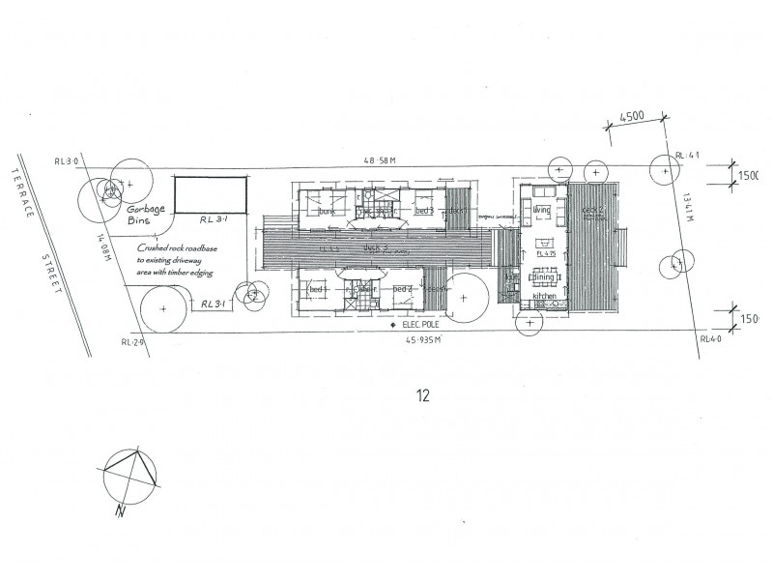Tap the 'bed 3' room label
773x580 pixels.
click(x=423, y=210)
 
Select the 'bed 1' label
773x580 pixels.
click(x=316, y=289)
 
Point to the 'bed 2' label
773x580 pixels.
click(x=404, y=289)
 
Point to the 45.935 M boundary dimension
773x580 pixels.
click(x=424, y=340)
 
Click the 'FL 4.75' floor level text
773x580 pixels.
click(x=545, y=255)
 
